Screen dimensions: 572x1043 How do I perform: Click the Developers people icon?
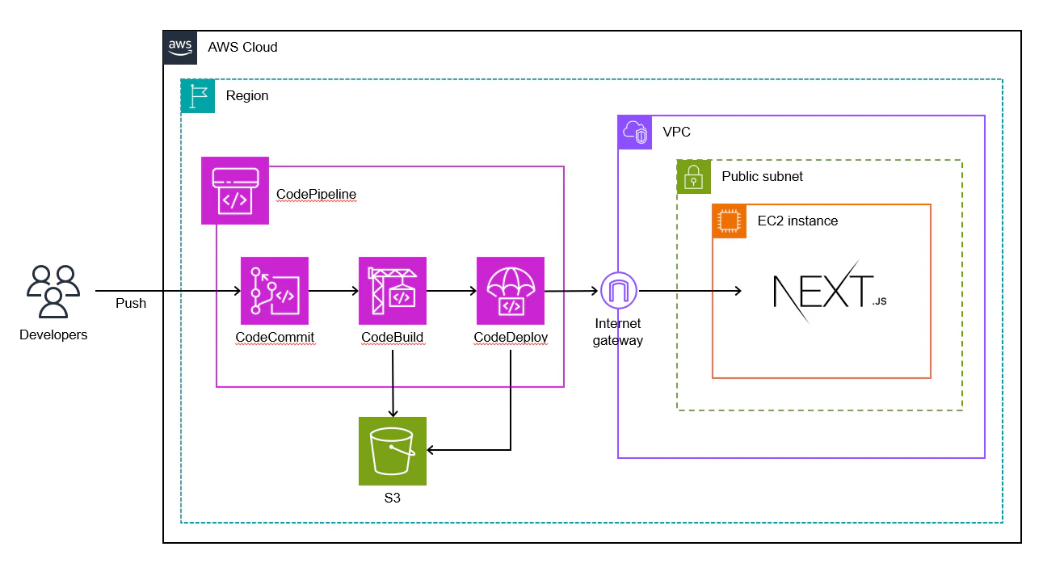(x=53, y=292)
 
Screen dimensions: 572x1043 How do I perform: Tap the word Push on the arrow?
(x=131, y=304)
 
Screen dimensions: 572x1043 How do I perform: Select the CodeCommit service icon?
(x=275, y=291)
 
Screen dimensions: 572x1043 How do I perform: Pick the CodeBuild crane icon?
(x=393, y=291)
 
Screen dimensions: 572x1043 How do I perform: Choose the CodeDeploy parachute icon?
(x=511, y=291)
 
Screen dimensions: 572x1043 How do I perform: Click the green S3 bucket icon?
(x=393, y=451)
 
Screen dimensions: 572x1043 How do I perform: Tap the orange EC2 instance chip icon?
(x=730, y=221)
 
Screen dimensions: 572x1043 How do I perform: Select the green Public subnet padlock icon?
(x=694, y=177)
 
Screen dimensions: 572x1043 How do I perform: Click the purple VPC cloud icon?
(x=635, y=132)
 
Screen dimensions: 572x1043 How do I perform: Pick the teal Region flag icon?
(x=198, y=96)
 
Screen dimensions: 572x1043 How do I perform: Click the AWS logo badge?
(x=180, y=47)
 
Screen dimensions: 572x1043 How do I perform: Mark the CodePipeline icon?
(x=234, y=191)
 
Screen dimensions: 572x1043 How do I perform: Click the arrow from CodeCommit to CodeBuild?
(x=334, y=291)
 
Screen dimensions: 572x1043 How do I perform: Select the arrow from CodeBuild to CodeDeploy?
(x=452, y=291)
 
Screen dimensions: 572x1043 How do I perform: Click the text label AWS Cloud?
(x=242, y=47)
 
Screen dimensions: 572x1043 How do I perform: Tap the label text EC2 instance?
(x=797, y=221)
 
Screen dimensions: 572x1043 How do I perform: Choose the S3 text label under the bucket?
(x=393, y=498)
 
